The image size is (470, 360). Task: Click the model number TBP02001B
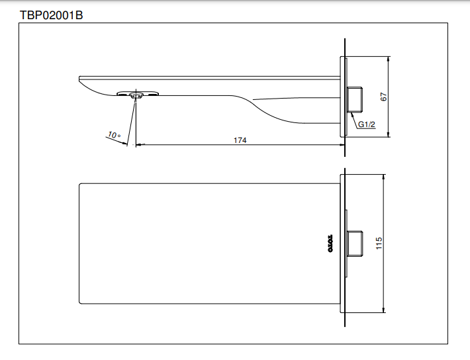point(50,14)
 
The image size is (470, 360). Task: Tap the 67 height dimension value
point(383,96)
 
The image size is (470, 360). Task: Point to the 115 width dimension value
point(379,243)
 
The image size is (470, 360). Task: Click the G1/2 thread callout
point(366,124)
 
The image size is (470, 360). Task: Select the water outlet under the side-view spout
point(137,95)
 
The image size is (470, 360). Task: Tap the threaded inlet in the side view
point(356,98)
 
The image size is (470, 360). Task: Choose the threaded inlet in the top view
point(356,243)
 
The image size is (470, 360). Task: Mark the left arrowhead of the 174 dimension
point(138,145)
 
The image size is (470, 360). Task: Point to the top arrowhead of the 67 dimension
point(389,59)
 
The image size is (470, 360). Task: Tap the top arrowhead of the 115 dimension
point(384,178)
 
